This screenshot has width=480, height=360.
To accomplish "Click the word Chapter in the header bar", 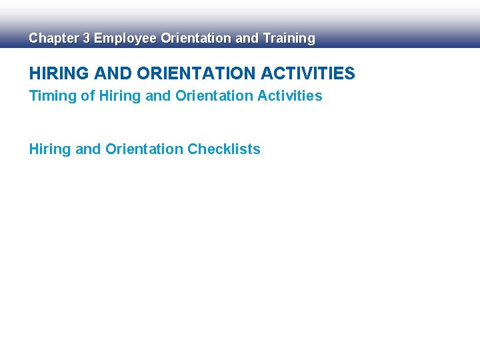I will [x=53, y=39].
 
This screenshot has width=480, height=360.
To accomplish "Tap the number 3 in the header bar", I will [x=85, y=39].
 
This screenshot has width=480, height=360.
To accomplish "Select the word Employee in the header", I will [x=125, y=39].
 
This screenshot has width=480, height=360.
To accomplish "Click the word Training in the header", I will [x=289, y=39].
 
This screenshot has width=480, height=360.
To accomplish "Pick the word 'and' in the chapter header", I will [x=247, y=39].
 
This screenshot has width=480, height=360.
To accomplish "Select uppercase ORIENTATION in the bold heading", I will [x=198, y=73].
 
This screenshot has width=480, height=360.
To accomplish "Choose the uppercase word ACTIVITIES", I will [x=309, y=73].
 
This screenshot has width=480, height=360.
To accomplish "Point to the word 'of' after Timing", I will [x=87, y=96].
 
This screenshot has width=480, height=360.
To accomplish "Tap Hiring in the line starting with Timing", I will [x=119, y=96].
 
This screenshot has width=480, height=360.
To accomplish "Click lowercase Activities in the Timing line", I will [x=290, y=96].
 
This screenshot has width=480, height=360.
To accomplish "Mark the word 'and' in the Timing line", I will [x=158, y=96].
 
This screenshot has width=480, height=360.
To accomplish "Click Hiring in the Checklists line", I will [x=49, y=149].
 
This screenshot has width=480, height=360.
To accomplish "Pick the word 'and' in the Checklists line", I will [x=88, y=149].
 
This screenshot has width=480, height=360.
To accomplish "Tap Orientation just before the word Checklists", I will [x=145, y=149].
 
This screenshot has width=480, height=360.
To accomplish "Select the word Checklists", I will [x=224, y=149].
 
